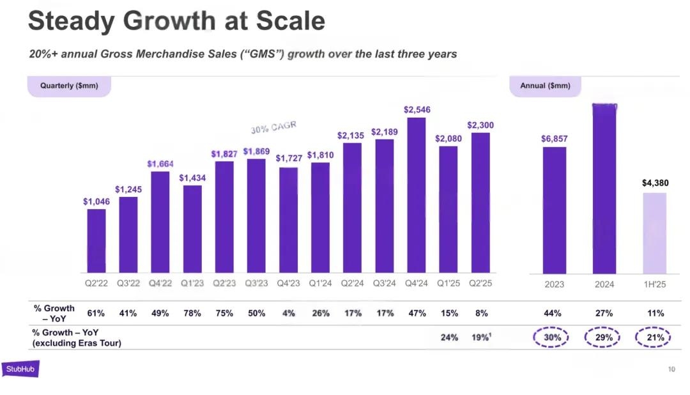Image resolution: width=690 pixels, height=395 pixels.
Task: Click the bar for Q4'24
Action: click(417, 195)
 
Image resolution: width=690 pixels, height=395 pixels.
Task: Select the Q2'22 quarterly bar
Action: click(96, 241)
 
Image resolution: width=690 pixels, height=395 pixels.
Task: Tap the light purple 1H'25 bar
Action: click(654, 233)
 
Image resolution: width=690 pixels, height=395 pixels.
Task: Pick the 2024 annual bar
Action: click(604, 189)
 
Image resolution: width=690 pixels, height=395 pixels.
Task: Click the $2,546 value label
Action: click(417, 110)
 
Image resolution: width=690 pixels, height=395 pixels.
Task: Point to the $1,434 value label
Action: click(192, 178)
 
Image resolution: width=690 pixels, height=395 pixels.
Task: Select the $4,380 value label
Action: click(655, 183)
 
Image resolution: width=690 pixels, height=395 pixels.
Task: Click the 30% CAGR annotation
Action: click(273, 127)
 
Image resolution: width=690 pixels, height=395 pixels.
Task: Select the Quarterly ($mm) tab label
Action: click(69, 86)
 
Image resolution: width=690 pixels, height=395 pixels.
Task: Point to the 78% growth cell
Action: click(192, 313)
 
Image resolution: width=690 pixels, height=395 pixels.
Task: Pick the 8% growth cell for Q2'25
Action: click(481, 313)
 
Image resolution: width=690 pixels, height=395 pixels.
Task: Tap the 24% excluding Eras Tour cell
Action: click(449, 337)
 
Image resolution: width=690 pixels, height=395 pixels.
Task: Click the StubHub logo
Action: click(20, 369)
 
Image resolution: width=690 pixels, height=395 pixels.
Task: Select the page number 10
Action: click(671, 369)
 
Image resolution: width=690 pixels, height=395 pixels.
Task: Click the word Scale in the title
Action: click(291, 22)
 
